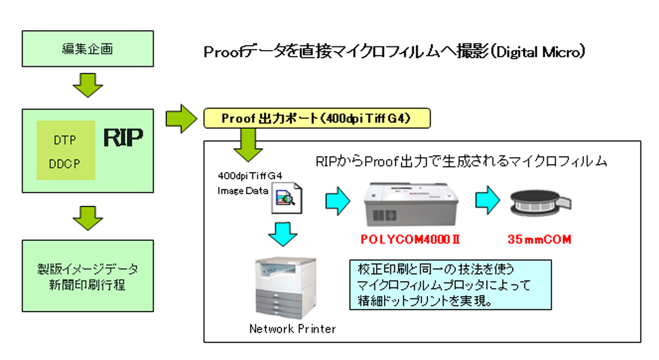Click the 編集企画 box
click(x=88, y=49)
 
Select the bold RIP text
click(x=123, y=138)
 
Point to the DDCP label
click(x=64, y=164)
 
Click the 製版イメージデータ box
click(x=88, y=276)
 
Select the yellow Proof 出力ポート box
click(x=316, y=119)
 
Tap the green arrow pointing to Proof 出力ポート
click(x=181, y=119)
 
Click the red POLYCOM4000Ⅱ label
click(x=409, y=240)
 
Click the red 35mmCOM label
click(x=539, y=240)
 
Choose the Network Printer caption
click(x=292, y=329)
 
